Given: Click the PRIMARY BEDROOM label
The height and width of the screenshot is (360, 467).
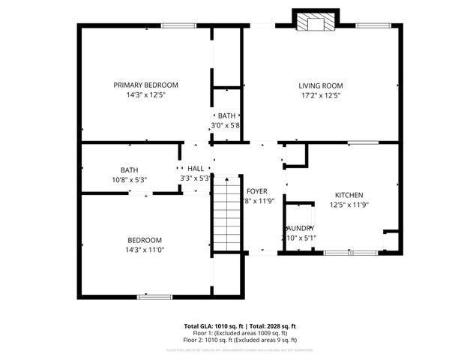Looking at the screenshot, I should click(145, 85).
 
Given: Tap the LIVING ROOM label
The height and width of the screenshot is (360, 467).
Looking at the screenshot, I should click(319, 85).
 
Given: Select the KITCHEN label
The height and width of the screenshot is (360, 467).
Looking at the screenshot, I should click(349, 193).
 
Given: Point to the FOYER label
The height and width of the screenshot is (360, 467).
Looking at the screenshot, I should click(257, 191).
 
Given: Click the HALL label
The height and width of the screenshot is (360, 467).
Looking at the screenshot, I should click(195, 169).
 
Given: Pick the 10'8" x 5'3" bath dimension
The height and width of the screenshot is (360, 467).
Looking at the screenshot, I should click(129, 180).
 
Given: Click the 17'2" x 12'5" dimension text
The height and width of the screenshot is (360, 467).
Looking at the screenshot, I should click(319, 95).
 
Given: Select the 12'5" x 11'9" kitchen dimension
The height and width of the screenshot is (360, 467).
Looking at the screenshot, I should click(349, 204).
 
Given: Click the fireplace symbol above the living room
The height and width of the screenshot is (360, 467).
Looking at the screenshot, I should click(313, 23).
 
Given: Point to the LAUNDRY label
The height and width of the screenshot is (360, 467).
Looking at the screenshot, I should click(299, 228).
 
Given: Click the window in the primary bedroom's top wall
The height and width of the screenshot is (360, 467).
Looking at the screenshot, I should click(174, 26).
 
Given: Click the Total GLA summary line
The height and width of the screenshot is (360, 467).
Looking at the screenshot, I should click(240, 325).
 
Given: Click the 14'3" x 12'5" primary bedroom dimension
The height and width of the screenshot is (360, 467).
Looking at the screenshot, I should click(145, 95).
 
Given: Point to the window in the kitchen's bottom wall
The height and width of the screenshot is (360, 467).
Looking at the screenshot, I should click(351, 253).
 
